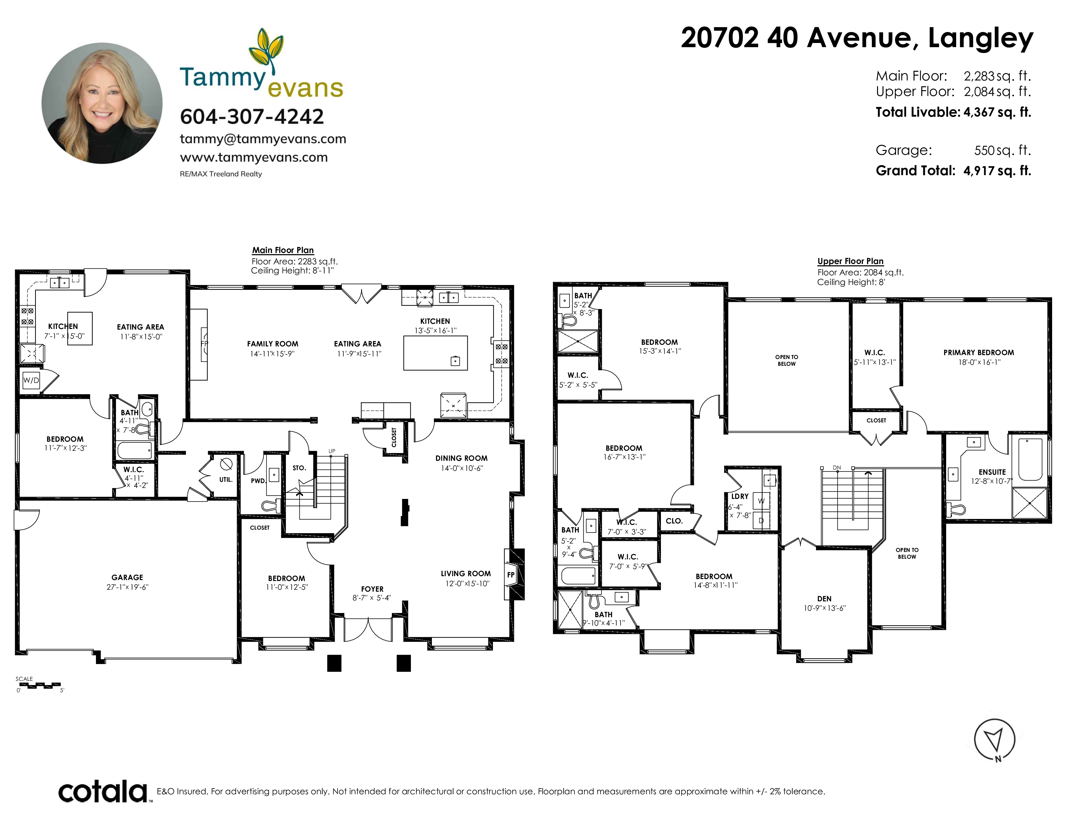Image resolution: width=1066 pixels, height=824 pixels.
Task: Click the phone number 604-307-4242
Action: click(x=252, y=117)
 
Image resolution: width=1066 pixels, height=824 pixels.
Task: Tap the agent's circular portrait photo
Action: click(x=102, y=103)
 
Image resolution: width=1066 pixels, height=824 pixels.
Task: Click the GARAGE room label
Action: click(x=127, y=577)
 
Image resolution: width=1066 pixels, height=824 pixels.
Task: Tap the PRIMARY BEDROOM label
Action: click(x=979, y=353)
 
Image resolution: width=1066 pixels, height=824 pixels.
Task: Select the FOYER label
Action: click(x=372, y=589)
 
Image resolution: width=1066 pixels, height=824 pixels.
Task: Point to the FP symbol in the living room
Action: click(x=511, y=575)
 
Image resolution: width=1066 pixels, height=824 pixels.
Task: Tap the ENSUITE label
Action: click(x=992, y=472)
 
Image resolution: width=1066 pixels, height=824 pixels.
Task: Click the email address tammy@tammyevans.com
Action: click(x=263, y=139)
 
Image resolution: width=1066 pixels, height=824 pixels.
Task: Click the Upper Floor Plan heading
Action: click(x=851, y=261)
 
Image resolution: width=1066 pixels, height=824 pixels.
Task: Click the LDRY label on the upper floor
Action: click(x=740, y=496)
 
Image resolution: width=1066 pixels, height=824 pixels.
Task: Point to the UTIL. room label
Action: click(x=225, y=479)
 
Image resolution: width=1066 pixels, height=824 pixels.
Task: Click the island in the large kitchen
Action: click(x=435, y=353)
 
